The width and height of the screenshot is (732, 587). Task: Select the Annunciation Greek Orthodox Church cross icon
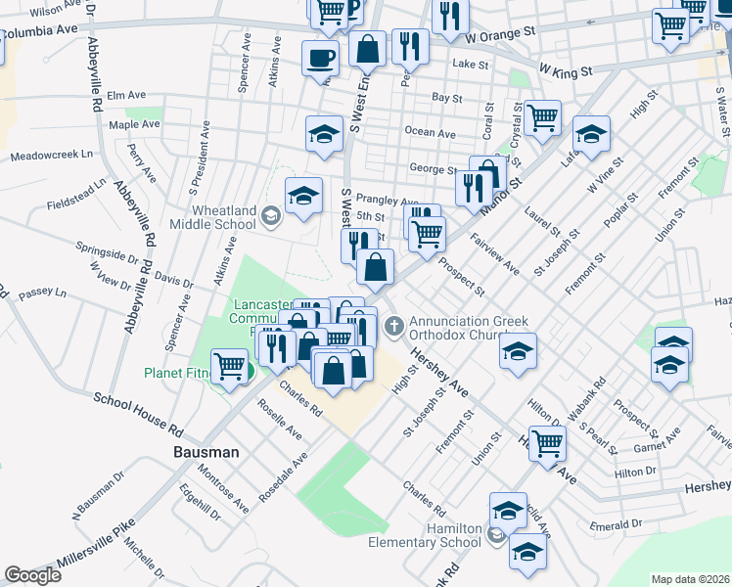[x=393, y=325]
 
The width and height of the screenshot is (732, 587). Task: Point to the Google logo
[x=32, y=574]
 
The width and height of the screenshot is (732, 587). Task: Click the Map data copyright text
[x=689, y=578]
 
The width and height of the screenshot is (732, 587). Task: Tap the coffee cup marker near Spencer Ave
[x=320, y=58]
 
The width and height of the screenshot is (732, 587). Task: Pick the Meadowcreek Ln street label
[x=51, y=155]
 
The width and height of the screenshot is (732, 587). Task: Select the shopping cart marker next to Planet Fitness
[x=230, y=367]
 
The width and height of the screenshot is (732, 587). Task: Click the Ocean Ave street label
[x=430, y=133]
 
